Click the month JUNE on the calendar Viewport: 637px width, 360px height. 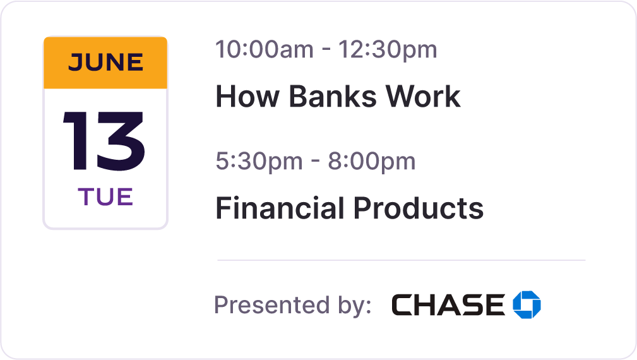coord(105,62)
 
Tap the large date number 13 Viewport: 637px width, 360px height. coord(104,141)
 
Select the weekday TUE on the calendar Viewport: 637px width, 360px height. coord(105,197)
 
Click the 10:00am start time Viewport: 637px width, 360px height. coord(265,49)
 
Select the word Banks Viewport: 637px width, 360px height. coord(333,97)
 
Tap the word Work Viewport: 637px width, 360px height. coord(423,97)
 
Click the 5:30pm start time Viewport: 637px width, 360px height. coord(259,161)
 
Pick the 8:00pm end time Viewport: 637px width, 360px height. coord(372,161)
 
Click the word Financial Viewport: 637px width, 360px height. coord(280,208)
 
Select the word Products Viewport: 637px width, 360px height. coord(419,208)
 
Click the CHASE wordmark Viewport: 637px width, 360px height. coord(448,305)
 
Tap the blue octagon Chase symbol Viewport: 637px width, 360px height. coord(527,305)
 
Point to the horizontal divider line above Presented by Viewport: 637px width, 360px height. coord(402,260)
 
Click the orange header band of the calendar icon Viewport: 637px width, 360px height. coord(105,63)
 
